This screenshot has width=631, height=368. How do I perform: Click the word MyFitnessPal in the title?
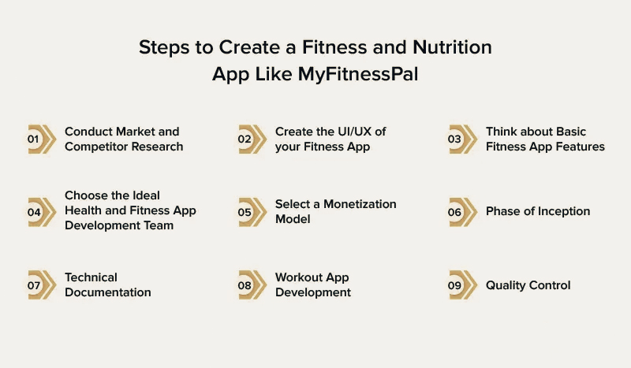click(358, 75)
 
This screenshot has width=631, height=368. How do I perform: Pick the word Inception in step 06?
click(562, 211)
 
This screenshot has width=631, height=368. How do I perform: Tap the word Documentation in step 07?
click(107, 292)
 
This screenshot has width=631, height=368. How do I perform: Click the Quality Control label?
click(528, 285)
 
